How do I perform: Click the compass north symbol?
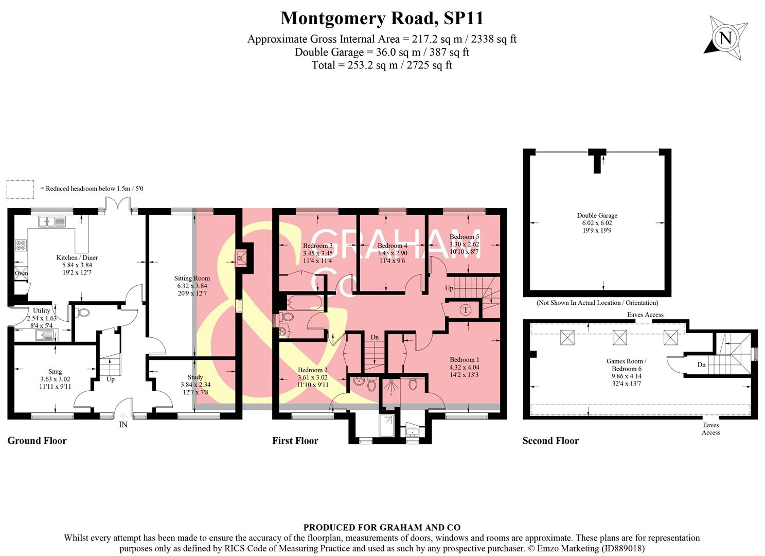pyautogui.click(x=725, y=38)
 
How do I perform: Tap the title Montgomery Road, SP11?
pyautogui.click(x=382, y=19)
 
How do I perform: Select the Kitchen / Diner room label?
pyautogui.click(x=77, y=257)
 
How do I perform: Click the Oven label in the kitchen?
pyautogui.click(x=21, y=273)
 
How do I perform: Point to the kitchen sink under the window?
pyautogui.click(x=52, y=221)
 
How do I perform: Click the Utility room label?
pyautogui.click(x=42, y=310)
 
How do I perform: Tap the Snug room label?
pyautogui.click(x=55, y=371)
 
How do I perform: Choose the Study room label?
pyautogui.click(x=195, y=377)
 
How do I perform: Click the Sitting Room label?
pyautogui.click(x=192, y=278)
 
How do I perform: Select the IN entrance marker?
pyautogui.click(x=123, y=425)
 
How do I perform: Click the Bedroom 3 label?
pyautogui.click(x=317, y=246)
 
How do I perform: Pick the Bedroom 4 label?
pyautogui.click(x=392, y=246)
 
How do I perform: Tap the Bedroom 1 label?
pyautogui.click(x=464, y=359)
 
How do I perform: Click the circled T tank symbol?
pyautogui.click(x=466, y=309)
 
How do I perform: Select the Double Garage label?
pyautogui.click(x=597, y=216)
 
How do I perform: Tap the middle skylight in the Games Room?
pyautogui.click(x=620, y=338)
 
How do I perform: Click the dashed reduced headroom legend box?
pyautogui.click(x=21, y=189)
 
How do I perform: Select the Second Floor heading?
pyautogui.click(x=550, y=441)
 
